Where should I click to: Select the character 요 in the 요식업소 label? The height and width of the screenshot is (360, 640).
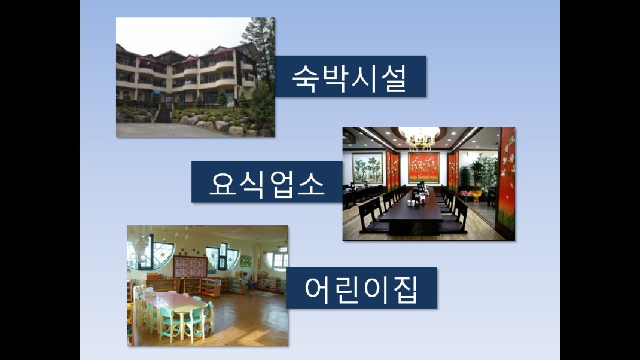click(223, 183)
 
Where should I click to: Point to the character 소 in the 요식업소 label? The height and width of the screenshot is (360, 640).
click(311, 183)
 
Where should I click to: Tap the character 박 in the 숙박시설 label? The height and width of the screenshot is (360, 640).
click(335, 78)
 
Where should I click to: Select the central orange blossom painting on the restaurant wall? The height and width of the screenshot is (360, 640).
click(423, 168)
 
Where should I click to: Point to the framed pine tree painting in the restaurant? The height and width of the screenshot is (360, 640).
click(367, 168)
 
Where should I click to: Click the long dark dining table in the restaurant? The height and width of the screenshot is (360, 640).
click(413, 212)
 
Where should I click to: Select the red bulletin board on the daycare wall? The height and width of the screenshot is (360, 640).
click(190, 266)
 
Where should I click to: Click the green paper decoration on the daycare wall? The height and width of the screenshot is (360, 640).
click(246, 260)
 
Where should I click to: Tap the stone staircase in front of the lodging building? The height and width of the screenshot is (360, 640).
click(164, 113)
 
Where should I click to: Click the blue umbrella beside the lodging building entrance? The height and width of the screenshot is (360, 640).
click(156, 93)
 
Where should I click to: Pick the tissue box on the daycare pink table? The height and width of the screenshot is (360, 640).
click(150, 293)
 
